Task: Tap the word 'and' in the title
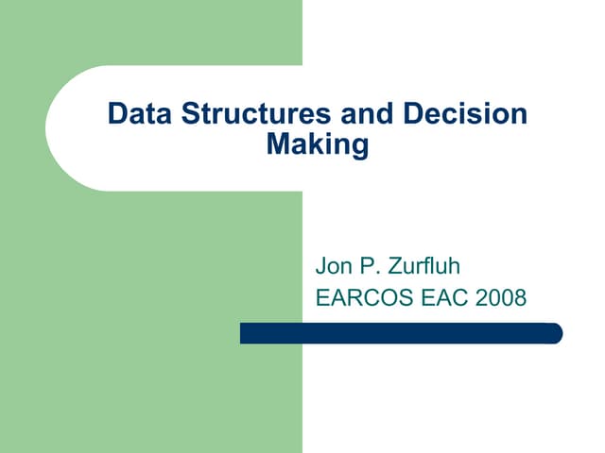[364, 114]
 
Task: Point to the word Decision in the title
[465, 114]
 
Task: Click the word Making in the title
[318, 145]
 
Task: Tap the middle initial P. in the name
[374, 266]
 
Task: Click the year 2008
[501, 299]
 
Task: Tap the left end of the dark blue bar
[244, 333]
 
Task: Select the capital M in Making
[278, 145]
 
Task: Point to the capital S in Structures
[188, 114]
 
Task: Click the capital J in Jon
[320, 266]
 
